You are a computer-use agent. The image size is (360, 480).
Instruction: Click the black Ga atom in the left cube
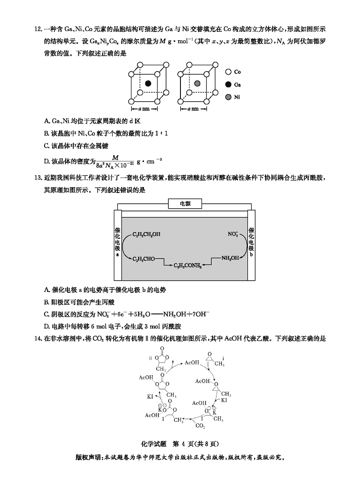[148, 83]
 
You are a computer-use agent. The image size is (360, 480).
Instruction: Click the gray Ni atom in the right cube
[197, 83]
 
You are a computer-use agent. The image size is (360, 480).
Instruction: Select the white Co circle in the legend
[228, 72]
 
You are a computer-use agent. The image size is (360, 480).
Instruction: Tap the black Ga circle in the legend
[228, 84]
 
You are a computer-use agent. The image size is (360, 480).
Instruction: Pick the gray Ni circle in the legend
[228, 97]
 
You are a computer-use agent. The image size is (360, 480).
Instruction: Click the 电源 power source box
[185, 204]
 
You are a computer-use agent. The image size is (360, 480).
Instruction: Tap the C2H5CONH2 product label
[188, 265]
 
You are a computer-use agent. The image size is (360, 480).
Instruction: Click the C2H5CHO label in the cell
[143, 259]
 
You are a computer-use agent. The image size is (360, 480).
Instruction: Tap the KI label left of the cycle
[151, 397]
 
